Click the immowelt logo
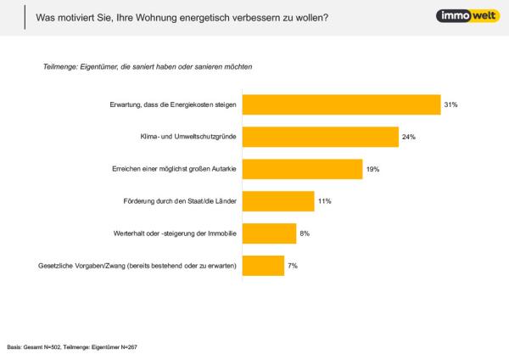[461, 16]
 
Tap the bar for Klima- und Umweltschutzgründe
[321, 137]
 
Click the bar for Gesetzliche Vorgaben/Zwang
[264, 266]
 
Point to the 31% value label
[451, 104]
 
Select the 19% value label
[373, 169]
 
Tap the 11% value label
[323, 201]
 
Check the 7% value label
[294, 266]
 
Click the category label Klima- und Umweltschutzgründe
[187, 137]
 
